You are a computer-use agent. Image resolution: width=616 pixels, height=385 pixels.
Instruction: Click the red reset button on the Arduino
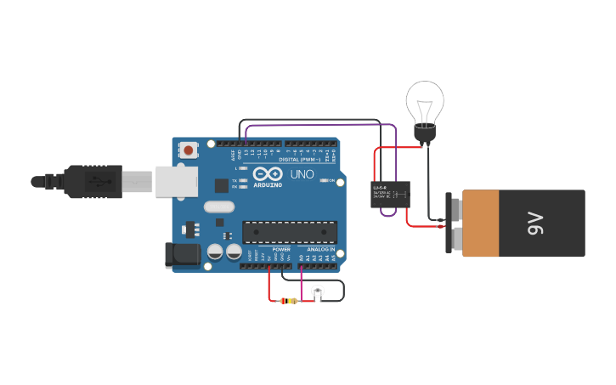point(188,150)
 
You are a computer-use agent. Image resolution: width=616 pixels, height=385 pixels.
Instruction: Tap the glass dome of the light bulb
point(424,101)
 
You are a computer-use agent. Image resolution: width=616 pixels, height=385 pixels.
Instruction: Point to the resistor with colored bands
point(291,301)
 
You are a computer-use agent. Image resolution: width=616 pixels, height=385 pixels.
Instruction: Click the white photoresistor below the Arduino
point(318,292)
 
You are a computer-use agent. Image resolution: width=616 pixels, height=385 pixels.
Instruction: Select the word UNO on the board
point(302,174)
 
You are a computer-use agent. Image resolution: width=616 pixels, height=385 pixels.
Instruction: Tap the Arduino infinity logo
point(266,173)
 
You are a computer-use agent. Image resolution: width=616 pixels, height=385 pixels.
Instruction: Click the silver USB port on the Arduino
point(177,181)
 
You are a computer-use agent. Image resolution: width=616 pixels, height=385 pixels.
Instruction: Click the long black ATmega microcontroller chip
point(289,231)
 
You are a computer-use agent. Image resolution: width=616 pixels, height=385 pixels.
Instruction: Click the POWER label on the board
point(281,249)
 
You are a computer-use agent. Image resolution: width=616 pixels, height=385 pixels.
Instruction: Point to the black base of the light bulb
point(424,133)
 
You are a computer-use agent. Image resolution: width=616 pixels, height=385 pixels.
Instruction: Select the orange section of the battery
point(479,224)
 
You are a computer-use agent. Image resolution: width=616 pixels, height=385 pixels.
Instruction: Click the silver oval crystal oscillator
point(218,207)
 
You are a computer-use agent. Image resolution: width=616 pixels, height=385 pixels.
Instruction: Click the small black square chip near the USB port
point(222,184)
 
